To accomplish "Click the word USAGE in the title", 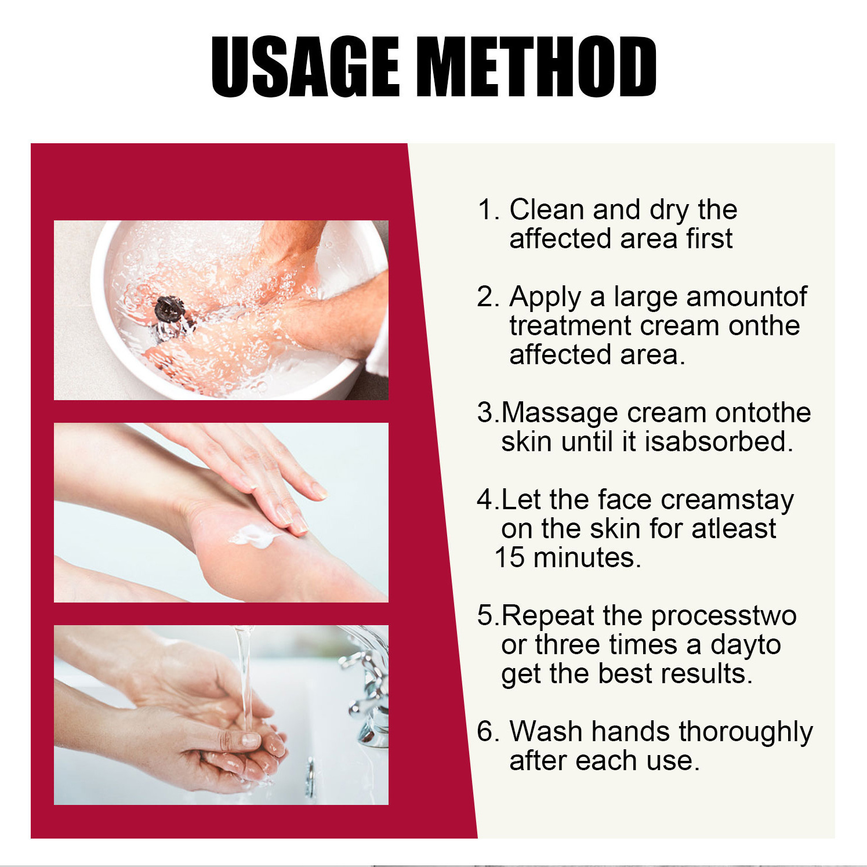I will click(305, 66).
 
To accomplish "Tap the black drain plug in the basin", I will click(169, 310).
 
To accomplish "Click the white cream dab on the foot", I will click(253, 535).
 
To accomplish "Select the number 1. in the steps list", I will click(488, 209).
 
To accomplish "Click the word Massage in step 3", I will click(560, 413).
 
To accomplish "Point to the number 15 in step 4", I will click(510, 558).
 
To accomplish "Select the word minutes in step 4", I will click(586, 558).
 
